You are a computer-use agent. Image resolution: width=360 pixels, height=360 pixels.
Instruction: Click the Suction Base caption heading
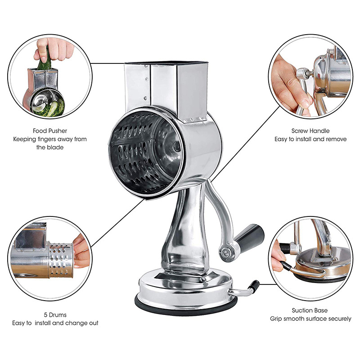tap(310, 310)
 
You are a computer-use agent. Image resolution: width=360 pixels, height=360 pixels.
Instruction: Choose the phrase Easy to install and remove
tap(310, 139)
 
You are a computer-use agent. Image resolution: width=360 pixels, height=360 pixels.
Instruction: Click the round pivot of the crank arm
tap(225, 250)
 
